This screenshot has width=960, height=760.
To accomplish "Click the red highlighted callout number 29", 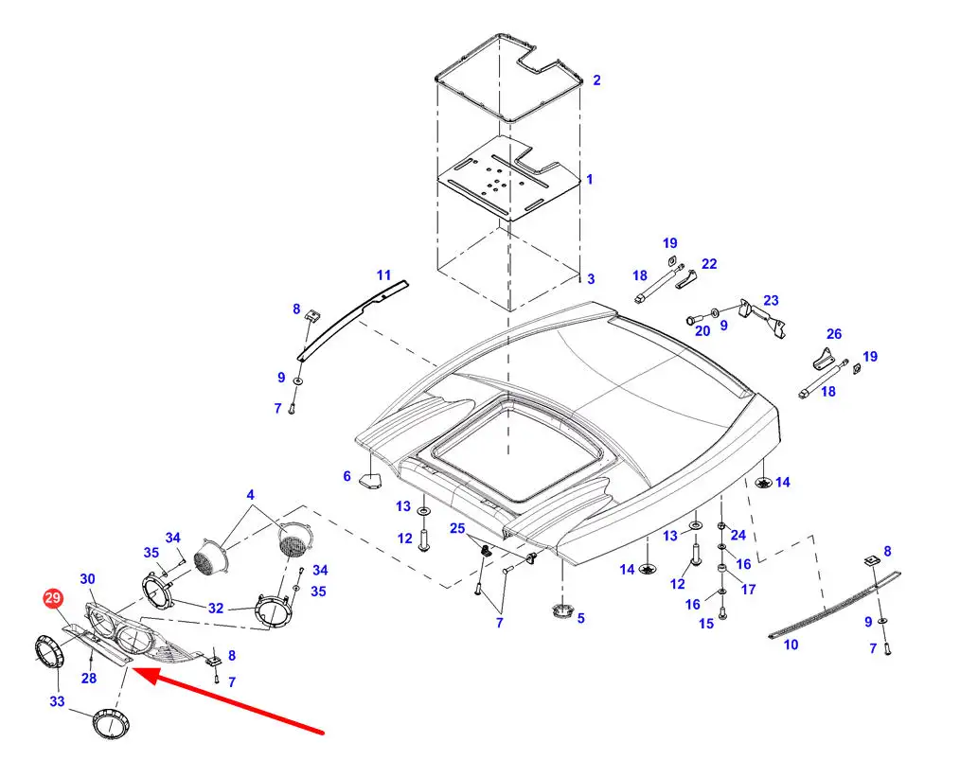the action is pyautogui.click(x=53, y=598).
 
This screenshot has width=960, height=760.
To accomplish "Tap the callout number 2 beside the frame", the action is pyautogui.click(x=596, y=80).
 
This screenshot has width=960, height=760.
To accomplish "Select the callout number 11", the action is pyautogui.click(x=383, y=275).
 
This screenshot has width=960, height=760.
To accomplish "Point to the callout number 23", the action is pyautogui.click(x=771, y=300).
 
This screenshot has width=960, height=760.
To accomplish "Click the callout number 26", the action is pyautogui.click(x=834, y=334).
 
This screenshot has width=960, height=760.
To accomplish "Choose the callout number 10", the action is pyautogui.click(x=791, y=645).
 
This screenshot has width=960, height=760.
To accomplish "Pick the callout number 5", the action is pyautogui.click(x=580, y=618).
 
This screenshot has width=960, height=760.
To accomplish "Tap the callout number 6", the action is pyautogui.click(x=347, y=476).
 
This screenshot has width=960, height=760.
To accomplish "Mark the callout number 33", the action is pyautogui.click(x=57, y=701).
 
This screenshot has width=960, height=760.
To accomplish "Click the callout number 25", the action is pyautogui.click(x=457, y=528).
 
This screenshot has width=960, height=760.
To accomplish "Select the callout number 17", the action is pyautogui.click(x=748, y=590).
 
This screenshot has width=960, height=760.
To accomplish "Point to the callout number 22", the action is pyautogui.click(x=709, y=264).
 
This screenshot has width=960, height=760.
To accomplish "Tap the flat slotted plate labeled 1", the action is pyautogui.click(x=508, y=178).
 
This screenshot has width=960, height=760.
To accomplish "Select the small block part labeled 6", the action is pyautogui.click(x=370, y=481).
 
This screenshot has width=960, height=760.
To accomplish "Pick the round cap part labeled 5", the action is pyautogui.click(x=560, y=611).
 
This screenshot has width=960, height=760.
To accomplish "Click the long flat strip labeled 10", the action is pyautogui.click(x=834, y=605).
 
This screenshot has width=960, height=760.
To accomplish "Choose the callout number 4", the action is pyautogui.click(x=250, y=494).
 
